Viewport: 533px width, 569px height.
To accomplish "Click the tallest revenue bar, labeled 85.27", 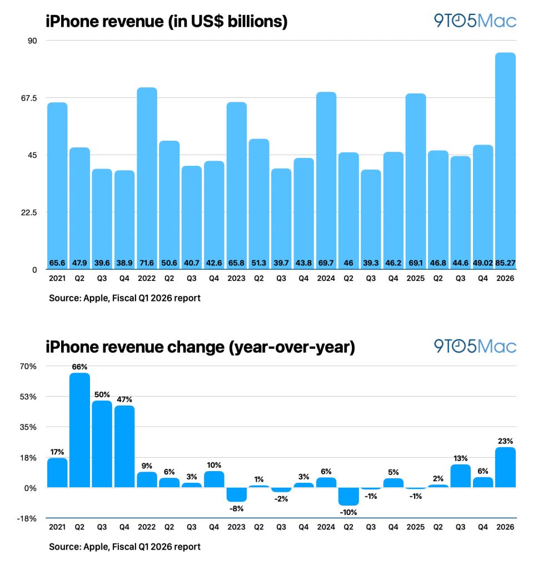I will click(x=505, y=161).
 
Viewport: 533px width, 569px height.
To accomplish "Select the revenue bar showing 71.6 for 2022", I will click(x=147, y=178).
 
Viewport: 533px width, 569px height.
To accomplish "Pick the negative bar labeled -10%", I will click(x=348, y=496).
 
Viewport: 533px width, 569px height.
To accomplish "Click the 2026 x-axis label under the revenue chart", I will click(x=505, y=278).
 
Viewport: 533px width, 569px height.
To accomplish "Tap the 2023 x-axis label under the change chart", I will click(x=236, y=527).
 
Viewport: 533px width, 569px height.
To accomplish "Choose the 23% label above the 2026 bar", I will click(x=505, y=440).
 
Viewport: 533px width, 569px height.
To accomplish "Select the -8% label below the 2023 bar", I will click(x=236, y=508).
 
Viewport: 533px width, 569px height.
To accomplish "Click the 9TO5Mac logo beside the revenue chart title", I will click(x=475, y=21).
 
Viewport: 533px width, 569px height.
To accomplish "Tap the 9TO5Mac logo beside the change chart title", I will click(x=475, y=347).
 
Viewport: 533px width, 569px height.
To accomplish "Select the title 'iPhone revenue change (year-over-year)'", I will click(x=200, y=348).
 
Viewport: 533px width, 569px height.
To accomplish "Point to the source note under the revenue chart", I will click(x=124, y=298).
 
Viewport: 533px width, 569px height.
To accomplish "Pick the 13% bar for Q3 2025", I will click(x=460, y=476).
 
